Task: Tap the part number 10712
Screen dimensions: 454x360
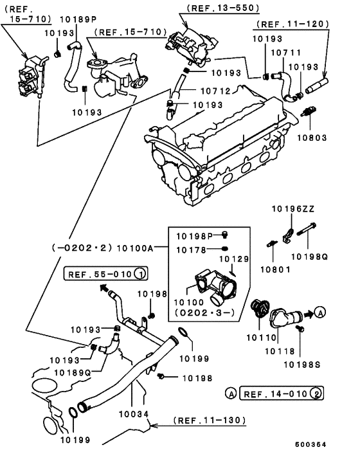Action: coord(213,91)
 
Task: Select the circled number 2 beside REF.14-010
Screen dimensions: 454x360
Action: coord(317,392)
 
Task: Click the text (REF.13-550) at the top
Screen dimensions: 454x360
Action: coord(213,8)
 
